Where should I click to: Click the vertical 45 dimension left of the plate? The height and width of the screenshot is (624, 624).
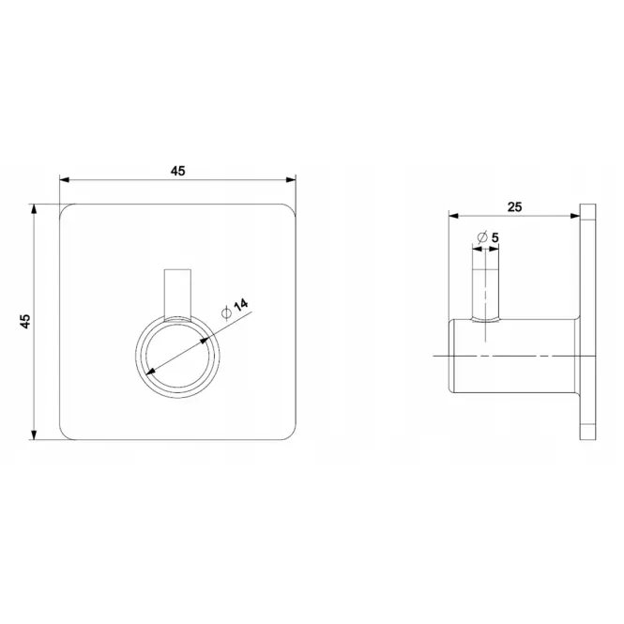[25, 321]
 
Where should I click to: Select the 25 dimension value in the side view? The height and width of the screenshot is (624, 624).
[514, 207]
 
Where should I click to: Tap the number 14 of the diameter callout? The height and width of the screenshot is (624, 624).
[241, 305]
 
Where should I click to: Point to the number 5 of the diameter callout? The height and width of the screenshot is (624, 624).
[495, 238]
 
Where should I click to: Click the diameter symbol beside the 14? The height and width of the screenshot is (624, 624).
[226, 313]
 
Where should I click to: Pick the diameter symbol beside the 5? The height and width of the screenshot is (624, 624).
[482, 237]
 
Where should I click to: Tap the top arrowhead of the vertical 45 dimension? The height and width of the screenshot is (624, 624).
[34, 209]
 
